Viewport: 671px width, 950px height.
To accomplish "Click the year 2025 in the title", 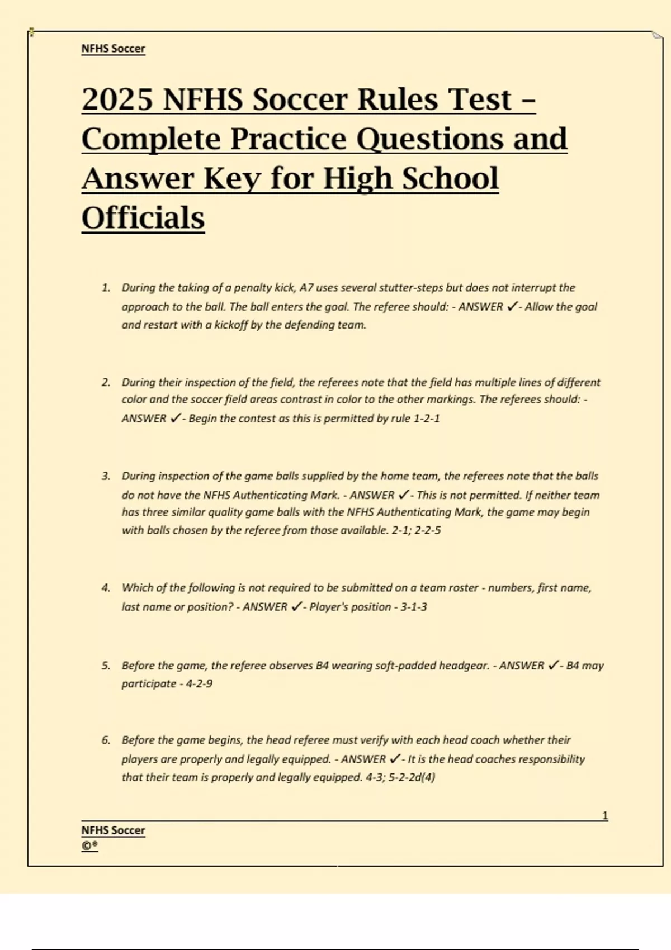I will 117,99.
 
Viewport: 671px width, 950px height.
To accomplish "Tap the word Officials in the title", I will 143,217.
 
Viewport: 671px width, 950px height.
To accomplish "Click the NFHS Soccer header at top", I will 113,49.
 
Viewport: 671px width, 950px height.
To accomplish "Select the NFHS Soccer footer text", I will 113,830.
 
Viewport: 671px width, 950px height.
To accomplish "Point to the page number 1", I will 605,816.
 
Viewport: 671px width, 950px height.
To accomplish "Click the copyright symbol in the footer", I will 87,846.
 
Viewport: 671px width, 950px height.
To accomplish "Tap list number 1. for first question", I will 106,288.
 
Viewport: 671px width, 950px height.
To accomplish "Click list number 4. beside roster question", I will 106,588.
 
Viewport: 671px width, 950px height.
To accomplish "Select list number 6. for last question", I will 106,740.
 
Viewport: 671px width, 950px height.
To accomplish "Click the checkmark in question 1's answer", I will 511,307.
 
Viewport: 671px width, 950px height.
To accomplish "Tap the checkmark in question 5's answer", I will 553,666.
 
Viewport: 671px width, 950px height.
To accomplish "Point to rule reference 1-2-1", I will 426,419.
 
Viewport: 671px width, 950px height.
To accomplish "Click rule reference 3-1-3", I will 414,607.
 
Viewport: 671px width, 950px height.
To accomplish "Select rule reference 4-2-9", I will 199,684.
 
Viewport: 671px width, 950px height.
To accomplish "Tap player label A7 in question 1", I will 306,288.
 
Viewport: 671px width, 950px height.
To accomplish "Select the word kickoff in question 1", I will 231,325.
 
